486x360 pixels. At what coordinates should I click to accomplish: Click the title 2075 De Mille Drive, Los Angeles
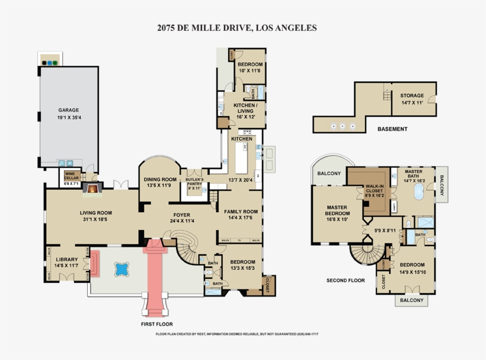[236, 27]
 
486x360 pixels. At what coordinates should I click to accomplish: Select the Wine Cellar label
[72, 176]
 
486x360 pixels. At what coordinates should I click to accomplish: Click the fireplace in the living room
[92, 189]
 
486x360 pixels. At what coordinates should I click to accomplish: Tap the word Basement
[392, 129]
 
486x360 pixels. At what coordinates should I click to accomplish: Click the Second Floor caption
[345, 280]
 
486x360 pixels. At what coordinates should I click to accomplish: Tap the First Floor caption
[156, 324]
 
